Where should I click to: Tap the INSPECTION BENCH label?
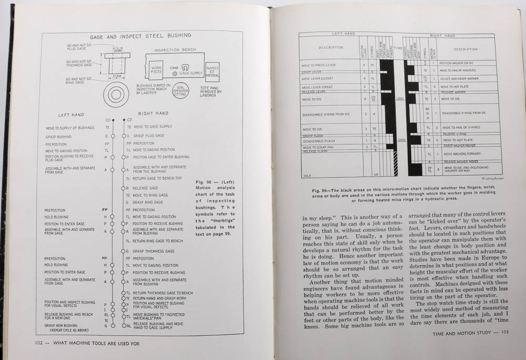click(175, 51)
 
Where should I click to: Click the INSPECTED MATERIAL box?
click(212, 72)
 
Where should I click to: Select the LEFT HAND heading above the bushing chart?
click(70, 115)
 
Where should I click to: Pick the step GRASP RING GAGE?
click(149, 202)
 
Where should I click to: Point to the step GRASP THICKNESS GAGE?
click(155, 251)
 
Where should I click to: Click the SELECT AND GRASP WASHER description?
click(459, 78)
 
